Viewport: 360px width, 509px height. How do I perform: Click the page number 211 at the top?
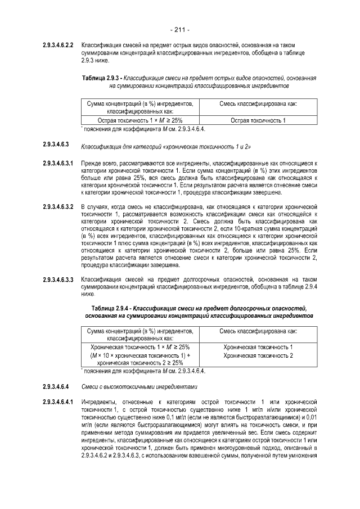[179, 29]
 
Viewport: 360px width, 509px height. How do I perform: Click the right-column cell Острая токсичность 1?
[258, 120]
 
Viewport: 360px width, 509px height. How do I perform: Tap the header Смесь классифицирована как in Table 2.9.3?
[258, 104]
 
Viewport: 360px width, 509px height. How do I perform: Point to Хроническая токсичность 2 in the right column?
[258, 355]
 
